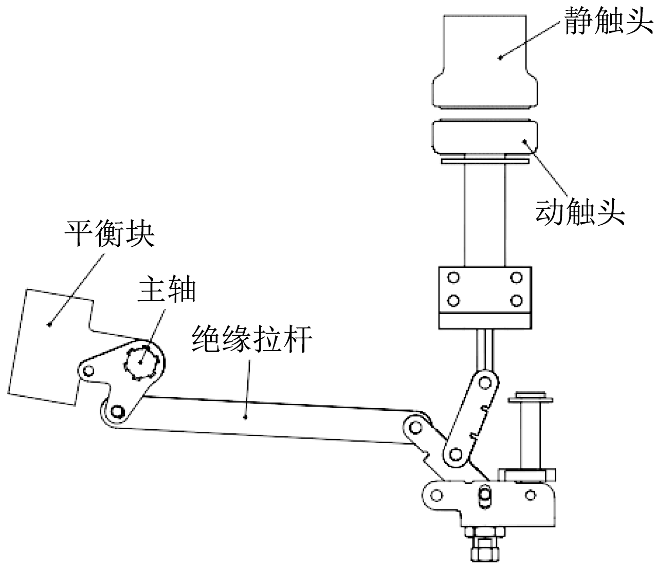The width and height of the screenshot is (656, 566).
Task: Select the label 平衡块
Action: click(109, 234)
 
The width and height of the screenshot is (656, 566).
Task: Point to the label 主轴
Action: click(166, 291)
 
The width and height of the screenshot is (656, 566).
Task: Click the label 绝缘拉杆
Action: click(251, 340)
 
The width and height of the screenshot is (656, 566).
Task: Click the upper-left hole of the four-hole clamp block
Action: click(453, 278)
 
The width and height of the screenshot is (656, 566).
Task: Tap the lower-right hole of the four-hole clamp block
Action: click(516, 300)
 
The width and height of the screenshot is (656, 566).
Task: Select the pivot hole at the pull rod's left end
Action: click(118, 411)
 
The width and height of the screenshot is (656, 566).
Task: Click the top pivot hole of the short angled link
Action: click(484, 382)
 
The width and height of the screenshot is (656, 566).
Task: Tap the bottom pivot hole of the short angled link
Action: click(454, 453)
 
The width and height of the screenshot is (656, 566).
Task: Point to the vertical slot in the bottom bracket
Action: click(484, 496)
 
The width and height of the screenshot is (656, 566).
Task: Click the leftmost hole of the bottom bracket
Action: click(437, 496)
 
